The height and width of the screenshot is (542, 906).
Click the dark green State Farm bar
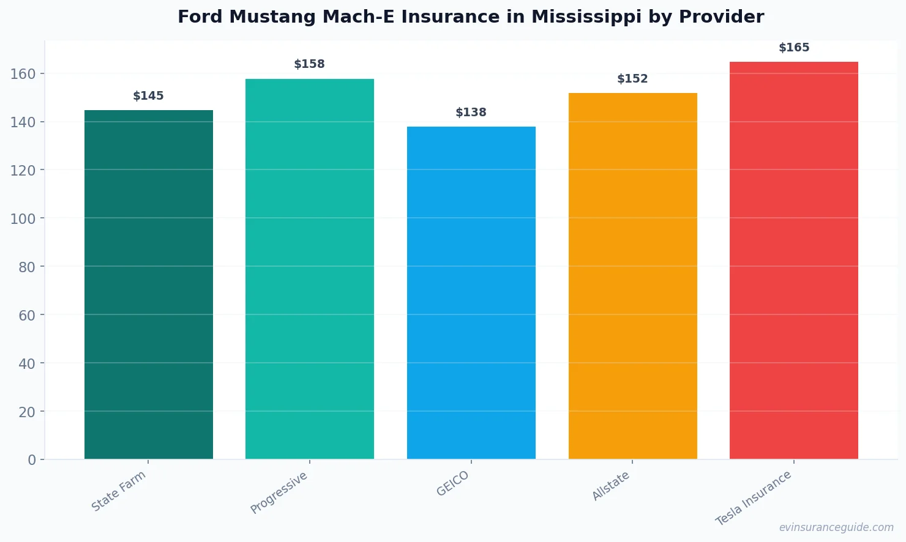coord(149,284)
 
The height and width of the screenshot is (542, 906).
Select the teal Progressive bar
coord(310,269)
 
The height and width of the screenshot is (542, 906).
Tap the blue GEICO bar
coord(471,292)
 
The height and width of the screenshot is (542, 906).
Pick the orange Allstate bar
coord(632,276)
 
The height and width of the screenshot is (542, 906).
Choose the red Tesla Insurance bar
coord(794,260)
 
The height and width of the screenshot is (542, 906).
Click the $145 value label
coord(149,96)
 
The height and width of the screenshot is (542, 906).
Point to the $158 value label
coord(310,64)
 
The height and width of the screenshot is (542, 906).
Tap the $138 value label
coord(471,113)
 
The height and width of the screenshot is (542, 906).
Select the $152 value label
coord(632,79)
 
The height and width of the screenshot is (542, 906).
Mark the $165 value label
coord(794,48)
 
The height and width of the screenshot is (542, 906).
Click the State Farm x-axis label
coord(119,491)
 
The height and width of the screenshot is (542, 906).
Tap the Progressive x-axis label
coord(279,492)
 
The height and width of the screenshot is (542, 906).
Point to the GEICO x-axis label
coord(453,483)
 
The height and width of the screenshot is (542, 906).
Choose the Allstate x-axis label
coord(611,486)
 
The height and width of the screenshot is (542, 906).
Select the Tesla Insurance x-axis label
coord(754,498)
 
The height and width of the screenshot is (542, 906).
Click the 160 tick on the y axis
coord(23,74)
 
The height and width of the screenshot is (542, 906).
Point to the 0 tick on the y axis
coord(32,460)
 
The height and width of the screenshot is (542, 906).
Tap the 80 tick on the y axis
coord(27,267)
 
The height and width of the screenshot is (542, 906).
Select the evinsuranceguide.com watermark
coord(836,527)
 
